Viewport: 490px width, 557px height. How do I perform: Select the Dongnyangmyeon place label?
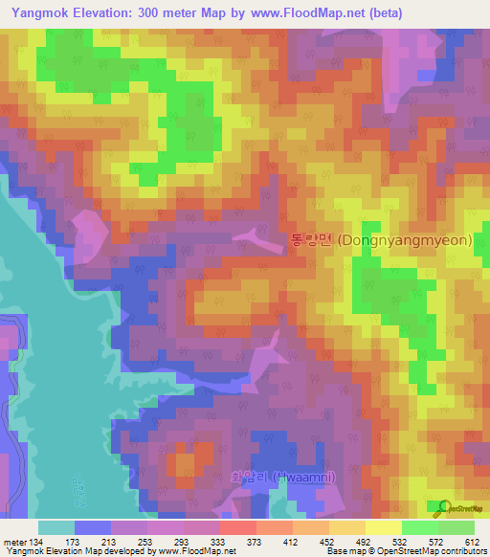(x=380, y=241)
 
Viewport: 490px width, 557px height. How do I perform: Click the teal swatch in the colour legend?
(x=56, y=527)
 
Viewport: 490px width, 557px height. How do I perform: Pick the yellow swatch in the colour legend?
(x=383, y=527)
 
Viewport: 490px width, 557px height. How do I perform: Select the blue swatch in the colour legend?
(x=92, y=527)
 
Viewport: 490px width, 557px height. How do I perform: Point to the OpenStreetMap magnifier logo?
(x=444, y=506)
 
